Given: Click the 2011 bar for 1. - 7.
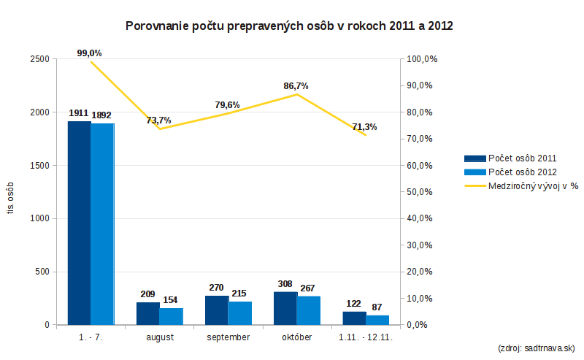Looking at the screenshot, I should coord(79,223).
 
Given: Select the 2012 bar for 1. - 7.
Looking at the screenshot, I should coord(103,224).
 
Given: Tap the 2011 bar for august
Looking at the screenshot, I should coord(147,313).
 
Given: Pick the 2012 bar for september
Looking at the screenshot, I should coord(240,313).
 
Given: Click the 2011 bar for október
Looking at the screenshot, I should coord(285,308).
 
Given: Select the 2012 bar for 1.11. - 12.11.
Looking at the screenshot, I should coord(377,320).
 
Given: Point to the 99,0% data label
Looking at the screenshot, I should coord(89,53).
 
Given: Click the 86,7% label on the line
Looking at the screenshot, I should coord(296,85).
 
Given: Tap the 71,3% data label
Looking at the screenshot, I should coord(364,127).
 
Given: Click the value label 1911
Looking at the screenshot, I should coord(78,113).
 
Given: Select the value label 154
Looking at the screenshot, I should coord(171,299).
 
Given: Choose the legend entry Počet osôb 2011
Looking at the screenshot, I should coord(521,158).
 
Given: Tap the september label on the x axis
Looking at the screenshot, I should coord(228,337).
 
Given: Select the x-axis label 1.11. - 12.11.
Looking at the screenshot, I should coord(366,337).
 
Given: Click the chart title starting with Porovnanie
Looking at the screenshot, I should coord(290,26).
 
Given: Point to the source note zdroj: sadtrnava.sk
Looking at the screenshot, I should coord(536,348).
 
